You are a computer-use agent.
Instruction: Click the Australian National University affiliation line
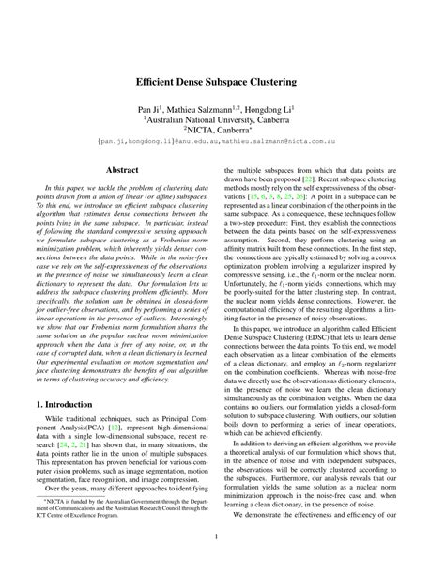pos(222,121)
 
